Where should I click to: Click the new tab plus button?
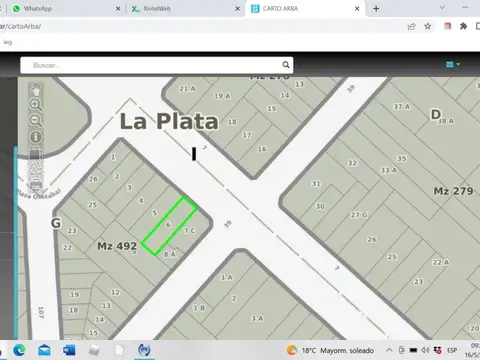point(376,8)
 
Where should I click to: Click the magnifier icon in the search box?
point(27,65)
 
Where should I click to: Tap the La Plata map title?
point(169,122)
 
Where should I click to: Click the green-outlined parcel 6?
point(167,225)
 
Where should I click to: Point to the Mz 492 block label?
point(117,245)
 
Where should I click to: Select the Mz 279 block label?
point(452,190)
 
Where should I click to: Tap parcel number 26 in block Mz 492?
point(93,179)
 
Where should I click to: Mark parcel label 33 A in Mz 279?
point(388,171)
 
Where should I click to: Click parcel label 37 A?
point(401,106)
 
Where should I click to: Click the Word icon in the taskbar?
point(70,351)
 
